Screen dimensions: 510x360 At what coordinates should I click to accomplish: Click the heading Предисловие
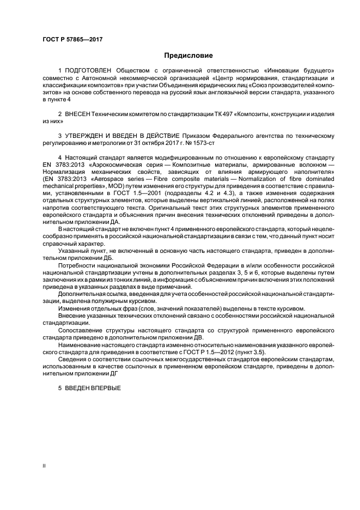(188, 56)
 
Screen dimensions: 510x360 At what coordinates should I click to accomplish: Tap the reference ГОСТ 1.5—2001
(118, 193)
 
